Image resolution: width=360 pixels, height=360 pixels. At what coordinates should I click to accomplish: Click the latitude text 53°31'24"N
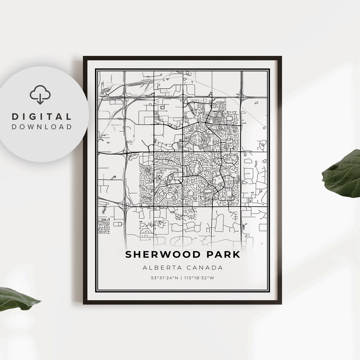[164, 278]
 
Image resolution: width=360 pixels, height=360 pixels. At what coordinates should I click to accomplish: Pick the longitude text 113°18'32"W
[199, 278]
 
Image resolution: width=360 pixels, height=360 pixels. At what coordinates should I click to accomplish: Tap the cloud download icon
[40, 94]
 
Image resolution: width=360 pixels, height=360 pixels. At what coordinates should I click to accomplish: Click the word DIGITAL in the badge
[42, 117]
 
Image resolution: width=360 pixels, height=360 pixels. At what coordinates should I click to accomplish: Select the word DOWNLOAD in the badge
[42, 127]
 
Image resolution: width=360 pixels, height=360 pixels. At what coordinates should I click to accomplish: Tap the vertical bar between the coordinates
[181, 278]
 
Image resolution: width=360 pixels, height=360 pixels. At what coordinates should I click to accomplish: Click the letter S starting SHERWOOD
[129, 255]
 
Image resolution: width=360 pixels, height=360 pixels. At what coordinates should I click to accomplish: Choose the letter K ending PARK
[236, 255]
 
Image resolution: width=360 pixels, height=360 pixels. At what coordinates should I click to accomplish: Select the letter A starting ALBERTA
[145, 267]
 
